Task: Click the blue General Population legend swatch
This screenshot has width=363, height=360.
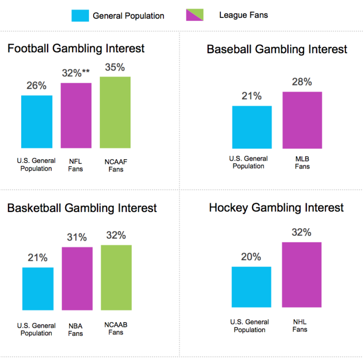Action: [x=80, y=16]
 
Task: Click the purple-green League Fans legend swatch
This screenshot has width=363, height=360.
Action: [x=195, y=16]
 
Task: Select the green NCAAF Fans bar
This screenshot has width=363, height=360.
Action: [x=115, y=112]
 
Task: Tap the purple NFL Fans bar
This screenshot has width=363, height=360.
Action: [x=76, y=115]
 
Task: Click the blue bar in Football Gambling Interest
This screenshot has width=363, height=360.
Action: [x=37, y=121]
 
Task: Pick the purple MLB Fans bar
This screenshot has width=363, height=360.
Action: [x=302, y=120]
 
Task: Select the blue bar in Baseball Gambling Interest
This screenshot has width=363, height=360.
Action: [x=252, y=127]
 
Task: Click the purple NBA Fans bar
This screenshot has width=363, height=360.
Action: [x=77, y=278]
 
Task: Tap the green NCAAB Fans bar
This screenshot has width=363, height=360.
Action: [x=116, y=277]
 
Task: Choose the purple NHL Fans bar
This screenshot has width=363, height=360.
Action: [x=302, y=274]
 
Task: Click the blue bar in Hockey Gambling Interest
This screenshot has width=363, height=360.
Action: [x=251, y=287]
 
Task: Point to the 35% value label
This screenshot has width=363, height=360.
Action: [x=115, y=68]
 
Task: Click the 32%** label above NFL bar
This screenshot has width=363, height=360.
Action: [x=76, y=74]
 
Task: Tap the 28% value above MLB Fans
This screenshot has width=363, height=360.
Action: [x=302, y=82]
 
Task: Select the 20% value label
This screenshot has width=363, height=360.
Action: [x=251, y=257]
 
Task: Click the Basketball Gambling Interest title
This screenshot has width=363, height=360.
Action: [x=82, y=208]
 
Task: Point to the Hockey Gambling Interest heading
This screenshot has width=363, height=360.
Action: [x=277, y=208]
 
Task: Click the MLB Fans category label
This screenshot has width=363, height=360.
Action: [x=302, y=163]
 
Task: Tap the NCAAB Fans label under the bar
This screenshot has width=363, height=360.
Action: [x=116, y=328]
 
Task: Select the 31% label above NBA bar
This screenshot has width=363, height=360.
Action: [x=77, y=238]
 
